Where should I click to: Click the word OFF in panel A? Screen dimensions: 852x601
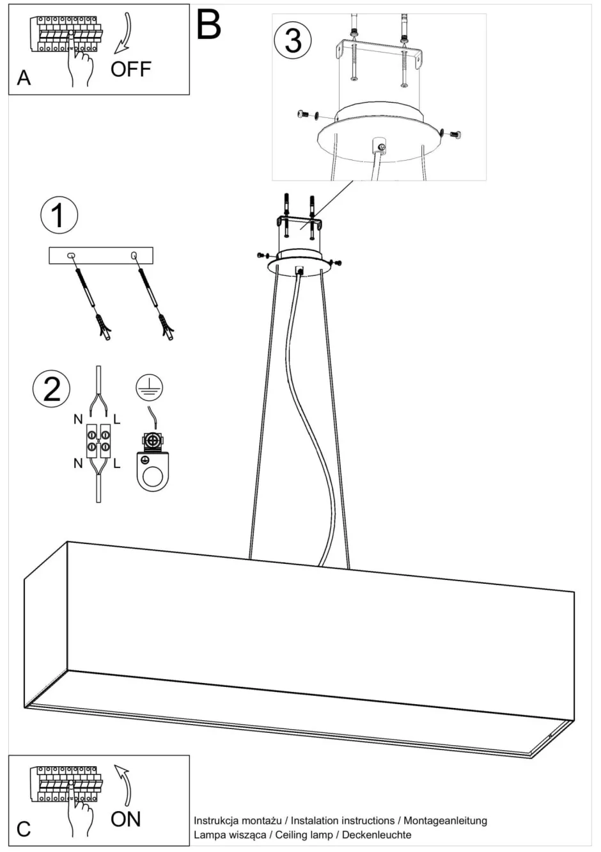click(x=130, y=68)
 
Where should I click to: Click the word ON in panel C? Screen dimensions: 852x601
click(x=125, y=819)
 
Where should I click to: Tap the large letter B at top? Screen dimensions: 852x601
click(x=208, y=26)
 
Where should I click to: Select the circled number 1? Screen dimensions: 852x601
click(x=59, y=215)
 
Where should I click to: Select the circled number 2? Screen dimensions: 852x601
click(x=51, y=389)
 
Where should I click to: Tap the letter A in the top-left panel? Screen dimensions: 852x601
click(x=24, y=78)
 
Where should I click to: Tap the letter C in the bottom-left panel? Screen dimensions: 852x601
click(x=24, y=830)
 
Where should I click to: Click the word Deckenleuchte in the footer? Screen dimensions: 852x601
click(x=377, y=835)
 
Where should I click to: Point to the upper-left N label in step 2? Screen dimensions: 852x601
click(x=78, y=419)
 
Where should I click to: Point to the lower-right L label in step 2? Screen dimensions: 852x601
click(x=116, y=463)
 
